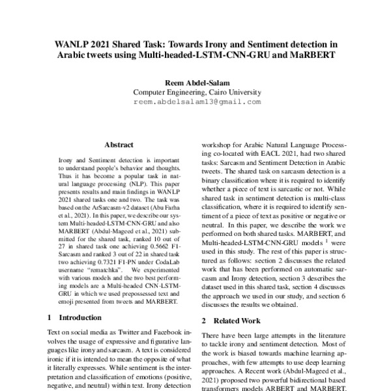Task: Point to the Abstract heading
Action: (119, 145)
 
